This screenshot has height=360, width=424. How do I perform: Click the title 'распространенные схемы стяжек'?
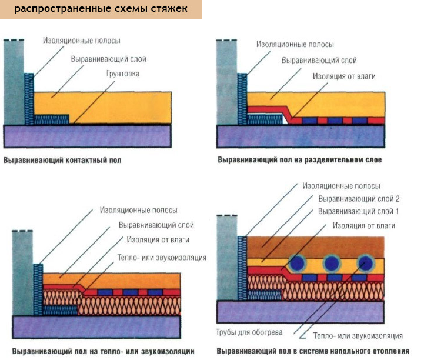[101, 9]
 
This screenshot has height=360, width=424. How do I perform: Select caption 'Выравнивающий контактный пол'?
[62, 160]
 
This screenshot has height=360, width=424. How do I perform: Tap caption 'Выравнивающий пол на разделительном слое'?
[300, 160]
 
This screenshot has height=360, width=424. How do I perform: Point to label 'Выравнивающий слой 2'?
[359, 199]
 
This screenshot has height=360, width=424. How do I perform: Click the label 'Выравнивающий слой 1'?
[359, 211]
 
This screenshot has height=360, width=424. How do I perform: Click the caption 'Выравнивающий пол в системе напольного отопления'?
[313, 352]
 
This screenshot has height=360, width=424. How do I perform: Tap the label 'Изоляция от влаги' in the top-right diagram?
[344, 76]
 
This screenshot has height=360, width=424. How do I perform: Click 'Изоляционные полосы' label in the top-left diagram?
[82, 41]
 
